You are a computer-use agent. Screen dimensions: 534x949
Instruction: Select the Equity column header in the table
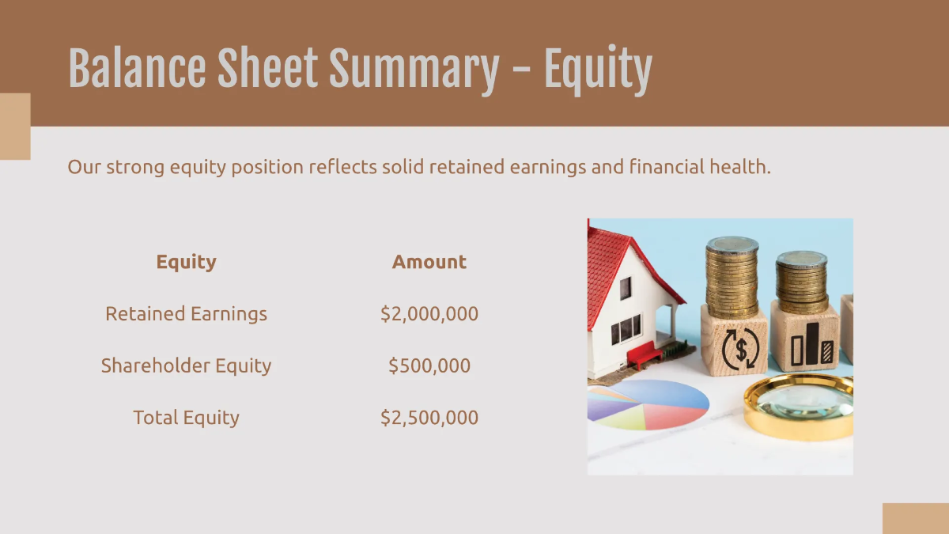tap(186, 262)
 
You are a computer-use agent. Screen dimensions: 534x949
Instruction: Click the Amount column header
tap(429, 262)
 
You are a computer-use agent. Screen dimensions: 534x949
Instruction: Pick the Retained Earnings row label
tap(186, 314)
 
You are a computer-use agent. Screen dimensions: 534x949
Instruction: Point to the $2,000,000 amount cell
tap(429, 314)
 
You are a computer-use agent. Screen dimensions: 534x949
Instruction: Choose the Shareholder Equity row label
tap(186, 365)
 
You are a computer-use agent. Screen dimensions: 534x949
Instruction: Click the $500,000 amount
tap(429, 365)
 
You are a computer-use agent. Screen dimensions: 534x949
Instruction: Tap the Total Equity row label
tap(186, 418)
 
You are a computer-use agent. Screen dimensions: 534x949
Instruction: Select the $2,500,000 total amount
tap(429, 418)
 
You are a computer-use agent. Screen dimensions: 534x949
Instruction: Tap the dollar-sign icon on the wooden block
tap(735, 346)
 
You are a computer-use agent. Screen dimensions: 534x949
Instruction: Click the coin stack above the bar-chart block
tap(801, 283)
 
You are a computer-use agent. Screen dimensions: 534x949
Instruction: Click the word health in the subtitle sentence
tap(739, 167)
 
